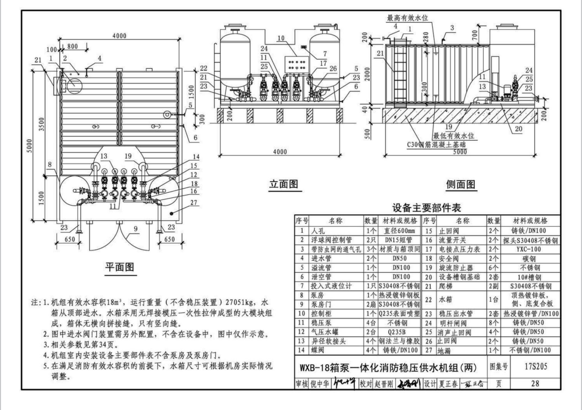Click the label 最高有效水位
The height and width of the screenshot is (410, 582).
point(408,18)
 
